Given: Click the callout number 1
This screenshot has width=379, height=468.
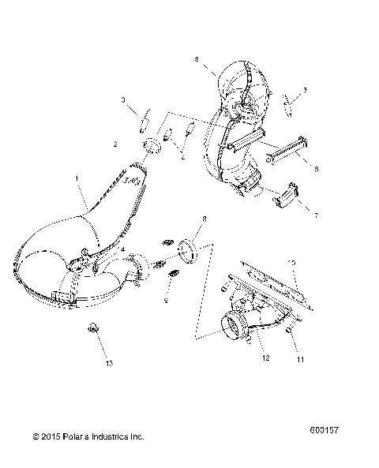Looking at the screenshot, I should [76, 180].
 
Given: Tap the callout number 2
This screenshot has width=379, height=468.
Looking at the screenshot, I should [115, 144].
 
